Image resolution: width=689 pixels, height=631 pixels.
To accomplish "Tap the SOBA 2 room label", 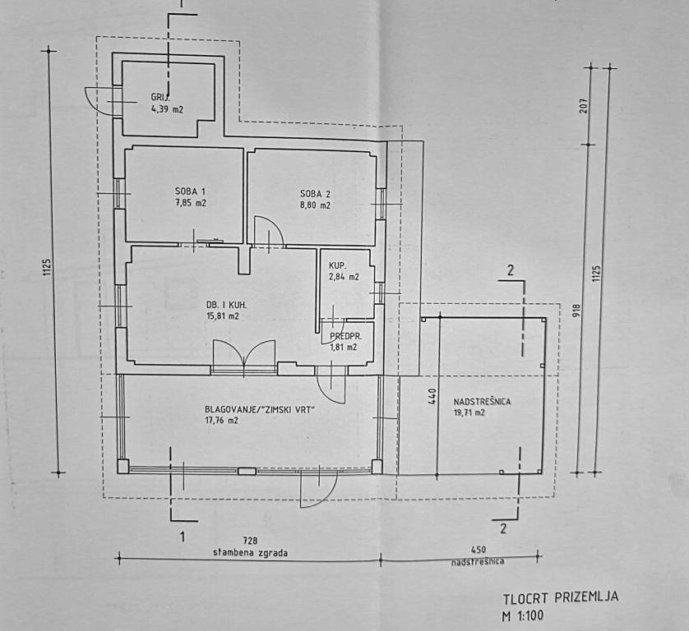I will click(x=315, y=194).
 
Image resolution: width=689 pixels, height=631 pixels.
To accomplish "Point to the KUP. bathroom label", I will click(x=337, y=266).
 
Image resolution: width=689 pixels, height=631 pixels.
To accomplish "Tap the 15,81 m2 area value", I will click(x=223, y=315).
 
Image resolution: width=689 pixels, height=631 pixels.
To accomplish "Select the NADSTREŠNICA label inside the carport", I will click(x=483, y=402).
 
